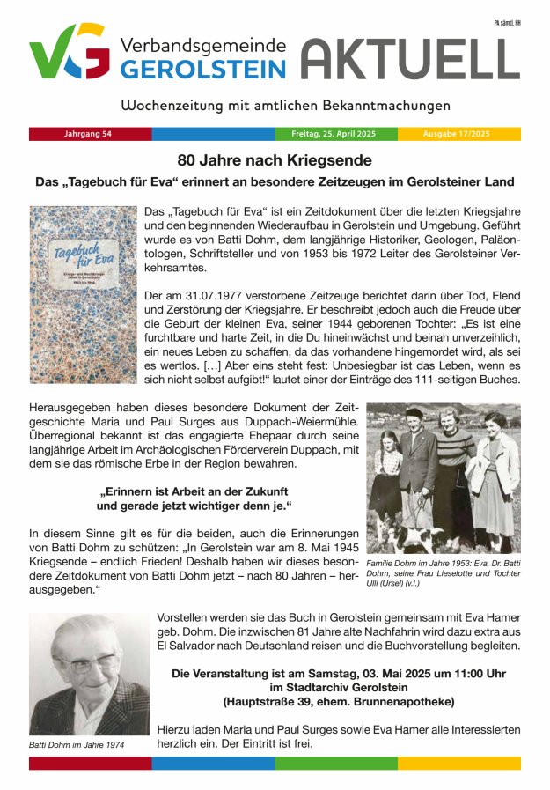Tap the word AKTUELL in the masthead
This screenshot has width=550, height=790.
410,59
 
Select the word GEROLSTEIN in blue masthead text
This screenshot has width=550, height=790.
203,70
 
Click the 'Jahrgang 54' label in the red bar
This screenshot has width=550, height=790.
88,134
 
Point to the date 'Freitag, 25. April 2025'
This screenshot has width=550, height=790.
334,134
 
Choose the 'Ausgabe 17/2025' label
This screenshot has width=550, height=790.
457,134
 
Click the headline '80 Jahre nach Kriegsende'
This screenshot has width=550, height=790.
275,160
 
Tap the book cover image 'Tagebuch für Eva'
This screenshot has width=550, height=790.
84,293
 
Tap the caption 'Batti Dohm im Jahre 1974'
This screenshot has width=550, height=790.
77,745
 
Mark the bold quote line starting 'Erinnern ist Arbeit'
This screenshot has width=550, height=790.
194,490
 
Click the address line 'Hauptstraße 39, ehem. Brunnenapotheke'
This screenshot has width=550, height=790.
338,702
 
